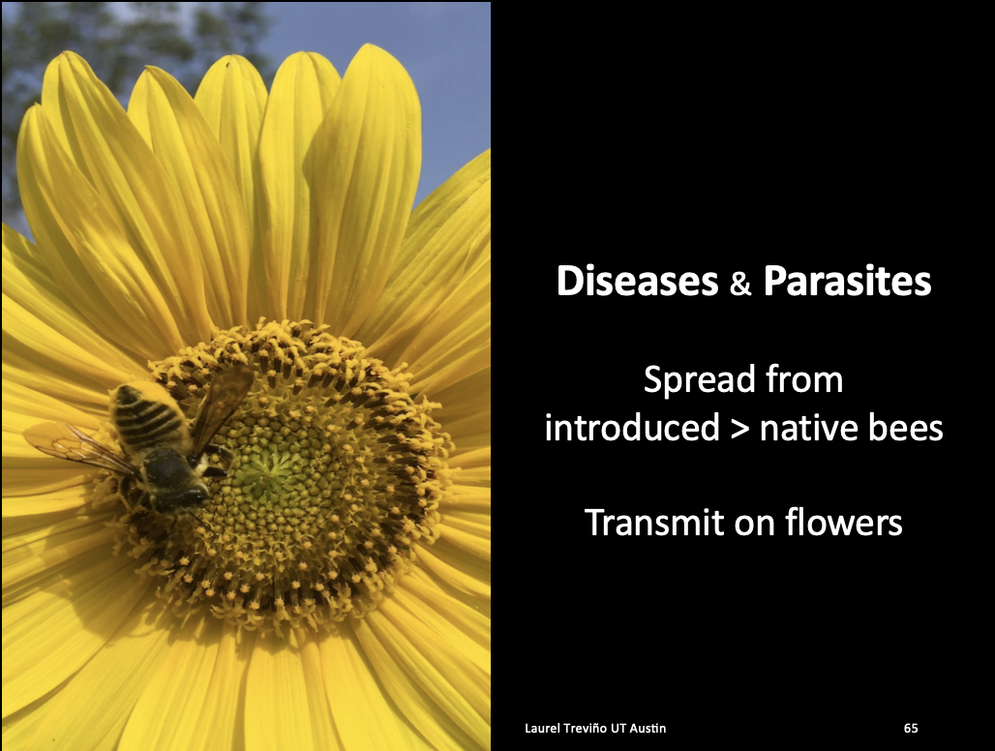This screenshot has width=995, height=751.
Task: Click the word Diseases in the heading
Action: (637, 281)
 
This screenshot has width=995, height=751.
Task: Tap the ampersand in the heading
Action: (740, 284)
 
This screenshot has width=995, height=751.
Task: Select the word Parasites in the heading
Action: (847, 281)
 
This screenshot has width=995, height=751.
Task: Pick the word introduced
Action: (632, 428)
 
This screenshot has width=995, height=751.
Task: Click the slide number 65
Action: (911, 728)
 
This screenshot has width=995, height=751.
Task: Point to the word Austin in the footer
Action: (648, 728)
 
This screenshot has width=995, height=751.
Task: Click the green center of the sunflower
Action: (273, 469)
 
